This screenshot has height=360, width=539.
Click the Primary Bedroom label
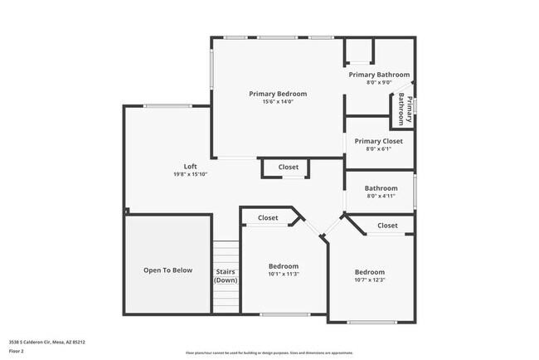[x=278, y=94]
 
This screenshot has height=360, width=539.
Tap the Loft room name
[x=190, y=167]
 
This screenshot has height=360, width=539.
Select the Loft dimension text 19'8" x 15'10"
[x=190, y=175]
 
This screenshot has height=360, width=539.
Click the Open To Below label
[x=168, y=270]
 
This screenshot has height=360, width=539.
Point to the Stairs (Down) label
[x=226, y=276]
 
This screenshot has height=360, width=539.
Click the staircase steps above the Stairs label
[x=226, y=252]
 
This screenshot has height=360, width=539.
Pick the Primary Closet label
[x=378, y=141]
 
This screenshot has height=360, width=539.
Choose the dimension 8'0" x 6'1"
[x=378, y=149]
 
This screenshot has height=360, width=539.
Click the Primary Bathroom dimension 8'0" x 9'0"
[x=378, y=83]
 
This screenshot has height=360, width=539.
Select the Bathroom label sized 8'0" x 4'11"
[x=381, y=188]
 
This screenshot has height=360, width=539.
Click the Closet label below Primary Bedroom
[x=288, y=168]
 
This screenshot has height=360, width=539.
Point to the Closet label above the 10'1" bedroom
[x=268, y=218]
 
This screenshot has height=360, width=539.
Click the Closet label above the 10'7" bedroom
[x=387, y=226]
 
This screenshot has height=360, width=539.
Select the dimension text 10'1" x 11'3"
[x=283, y=275]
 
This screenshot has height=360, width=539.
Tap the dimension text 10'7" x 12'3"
[x=370, y=280]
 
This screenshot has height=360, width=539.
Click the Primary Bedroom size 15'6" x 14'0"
[x=278, y=102]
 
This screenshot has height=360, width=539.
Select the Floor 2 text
[x=17, y=351]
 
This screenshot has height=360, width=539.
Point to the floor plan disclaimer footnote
[x=269, y=353]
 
